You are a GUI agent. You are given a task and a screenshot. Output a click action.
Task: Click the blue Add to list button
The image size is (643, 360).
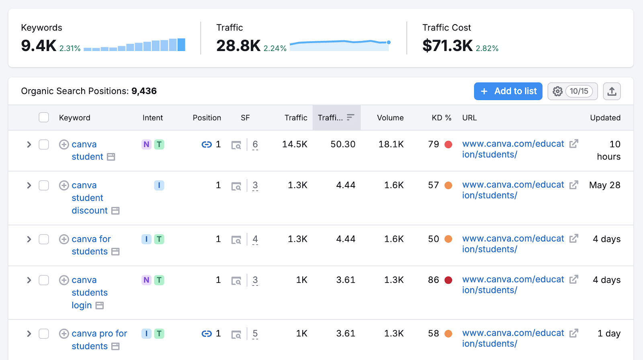(x=508, y=91)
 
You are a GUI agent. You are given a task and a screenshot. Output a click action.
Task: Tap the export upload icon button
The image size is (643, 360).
(x=612, y=91)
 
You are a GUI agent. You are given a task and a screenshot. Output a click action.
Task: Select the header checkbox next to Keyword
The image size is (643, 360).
(x=44, y=117)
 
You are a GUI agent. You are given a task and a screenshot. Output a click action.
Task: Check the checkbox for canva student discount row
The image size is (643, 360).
(x=44, y=185)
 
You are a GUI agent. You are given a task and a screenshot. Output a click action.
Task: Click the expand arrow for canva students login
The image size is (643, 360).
(x=29, y=280)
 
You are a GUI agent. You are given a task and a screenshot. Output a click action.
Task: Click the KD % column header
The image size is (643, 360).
(x=441, y=118)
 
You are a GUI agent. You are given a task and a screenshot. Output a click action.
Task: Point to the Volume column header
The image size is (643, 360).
(x=390, y=118)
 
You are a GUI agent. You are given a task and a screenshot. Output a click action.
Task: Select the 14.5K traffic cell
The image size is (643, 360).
(x=295, y=144)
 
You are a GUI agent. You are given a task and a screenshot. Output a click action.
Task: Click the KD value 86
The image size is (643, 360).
(x=433, y=280)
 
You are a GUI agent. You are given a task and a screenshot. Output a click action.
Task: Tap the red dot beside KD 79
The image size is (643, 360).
(x=448, y=144)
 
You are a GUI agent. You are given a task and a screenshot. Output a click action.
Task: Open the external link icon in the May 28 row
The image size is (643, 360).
(x=574, y=185)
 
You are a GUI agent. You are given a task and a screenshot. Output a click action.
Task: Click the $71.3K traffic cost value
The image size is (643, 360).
(x=447, y=46)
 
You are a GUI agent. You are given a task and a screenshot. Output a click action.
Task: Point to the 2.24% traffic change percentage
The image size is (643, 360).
(x=275, y=49)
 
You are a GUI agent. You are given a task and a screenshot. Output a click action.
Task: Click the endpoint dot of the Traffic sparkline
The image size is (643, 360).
(x=389, y=42)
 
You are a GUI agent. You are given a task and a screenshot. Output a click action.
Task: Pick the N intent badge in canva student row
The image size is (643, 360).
(x=146, y=144)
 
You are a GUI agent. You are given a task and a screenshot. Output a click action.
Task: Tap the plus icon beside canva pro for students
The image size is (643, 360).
(x=64, y=333)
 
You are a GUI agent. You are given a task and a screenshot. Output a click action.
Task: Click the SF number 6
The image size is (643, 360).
(x=255, y=144)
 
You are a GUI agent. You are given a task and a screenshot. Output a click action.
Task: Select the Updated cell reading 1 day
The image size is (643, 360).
(x=609, y=333)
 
